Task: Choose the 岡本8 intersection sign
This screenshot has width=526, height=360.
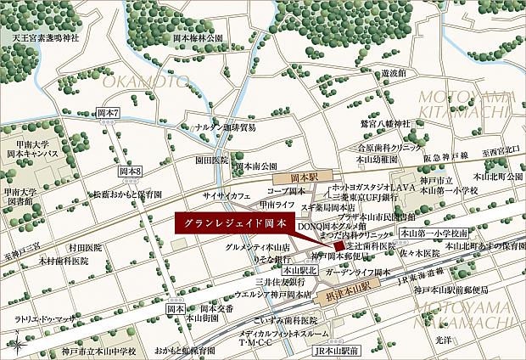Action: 130,172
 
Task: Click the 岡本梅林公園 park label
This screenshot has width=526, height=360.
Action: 198,39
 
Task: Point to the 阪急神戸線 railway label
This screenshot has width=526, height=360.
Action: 446,156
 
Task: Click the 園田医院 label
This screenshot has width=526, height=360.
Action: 212,159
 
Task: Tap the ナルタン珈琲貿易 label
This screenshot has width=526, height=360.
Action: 225,127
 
